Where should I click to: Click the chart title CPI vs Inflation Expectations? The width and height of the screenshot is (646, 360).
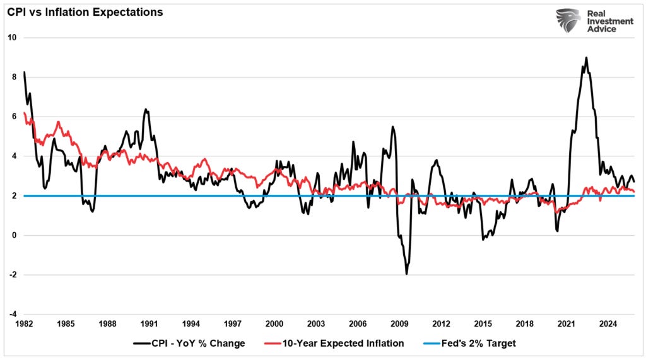click(x=85, y=12)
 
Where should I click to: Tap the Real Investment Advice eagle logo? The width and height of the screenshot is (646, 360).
click(x=568, y=21)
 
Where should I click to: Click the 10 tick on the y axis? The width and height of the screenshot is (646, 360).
click(x=11, y=38)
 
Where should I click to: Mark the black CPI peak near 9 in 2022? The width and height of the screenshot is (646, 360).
click(x=586, y=58)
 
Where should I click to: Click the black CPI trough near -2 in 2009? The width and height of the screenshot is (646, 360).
click(x=406, y=274)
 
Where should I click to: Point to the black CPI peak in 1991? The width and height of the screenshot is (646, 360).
click(x=146, y=110)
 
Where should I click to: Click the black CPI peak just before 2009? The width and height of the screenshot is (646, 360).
click(x=392, y=127)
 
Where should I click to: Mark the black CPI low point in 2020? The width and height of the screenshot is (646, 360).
click(x=557, y=231)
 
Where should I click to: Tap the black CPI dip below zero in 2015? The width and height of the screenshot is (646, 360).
click(x=483, y=240)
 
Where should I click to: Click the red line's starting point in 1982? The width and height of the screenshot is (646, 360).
click(x=24, y=113)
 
